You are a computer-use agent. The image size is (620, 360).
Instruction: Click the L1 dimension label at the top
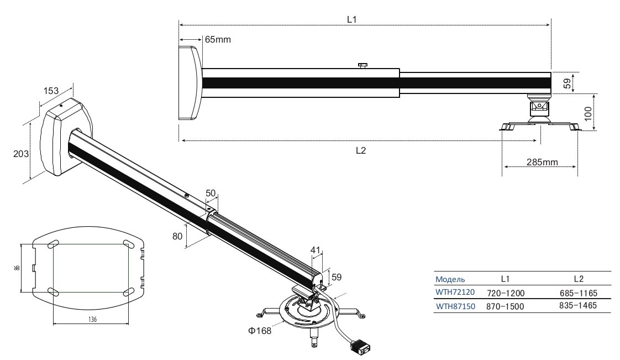352,18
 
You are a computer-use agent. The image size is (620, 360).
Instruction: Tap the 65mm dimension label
218,40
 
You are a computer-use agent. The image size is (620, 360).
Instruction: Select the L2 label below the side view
360,150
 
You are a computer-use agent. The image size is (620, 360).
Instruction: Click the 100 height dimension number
588,114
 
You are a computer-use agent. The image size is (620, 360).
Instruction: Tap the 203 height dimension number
21,154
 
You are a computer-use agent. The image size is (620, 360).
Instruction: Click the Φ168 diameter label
260,332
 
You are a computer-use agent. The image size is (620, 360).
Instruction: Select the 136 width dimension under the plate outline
92,319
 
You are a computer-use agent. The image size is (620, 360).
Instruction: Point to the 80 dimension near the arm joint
177,236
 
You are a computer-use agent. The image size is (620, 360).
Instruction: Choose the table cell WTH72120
455,292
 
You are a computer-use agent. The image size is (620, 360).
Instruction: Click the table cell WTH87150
455,305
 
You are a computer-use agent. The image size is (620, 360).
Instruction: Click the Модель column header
450,279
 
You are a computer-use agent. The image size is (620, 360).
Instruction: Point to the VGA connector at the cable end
360,347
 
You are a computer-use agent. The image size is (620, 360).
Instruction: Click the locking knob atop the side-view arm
362,66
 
